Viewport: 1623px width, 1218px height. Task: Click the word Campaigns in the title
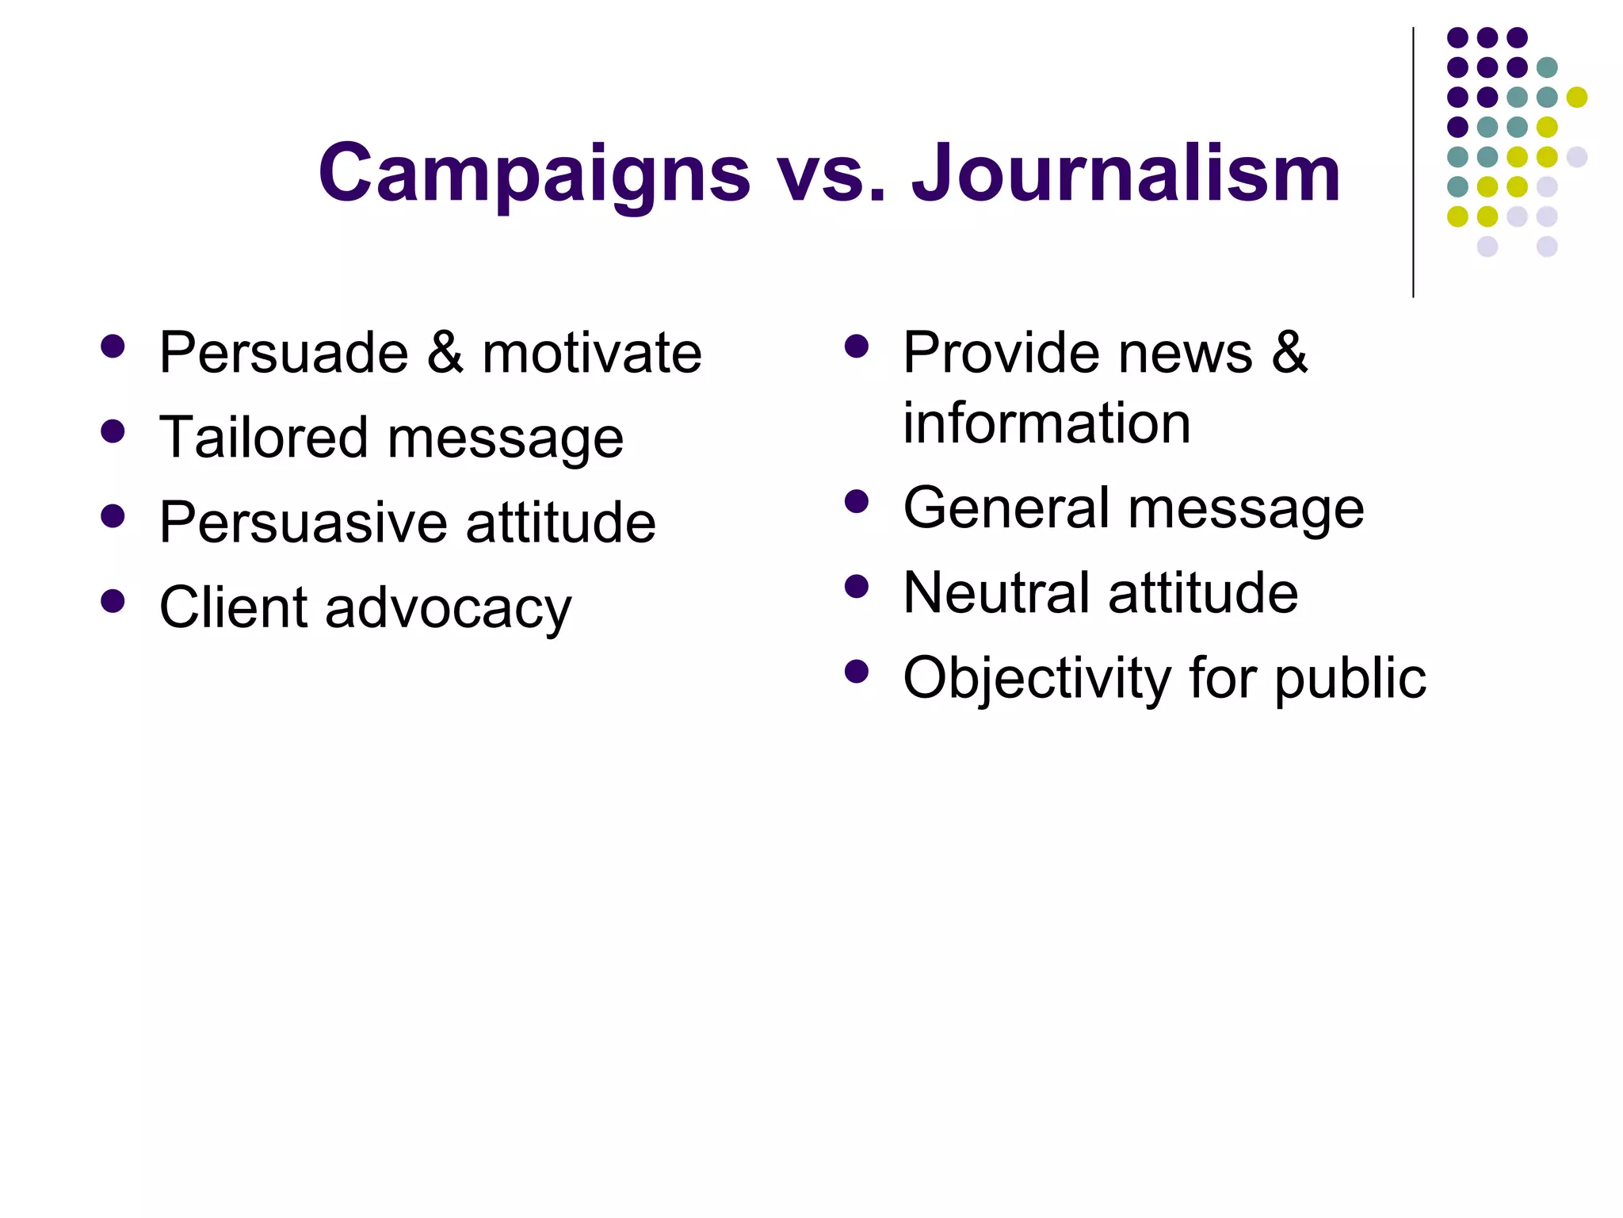point(534,174)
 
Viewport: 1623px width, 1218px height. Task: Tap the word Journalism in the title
point(1125,174)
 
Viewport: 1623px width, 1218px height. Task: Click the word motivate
point(591,353)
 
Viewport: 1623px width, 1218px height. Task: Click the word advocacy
point(448,609)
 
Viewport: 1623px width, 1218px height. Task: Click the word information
point(1047,423)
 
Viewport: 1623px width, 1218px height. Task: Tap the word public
point(1350,679)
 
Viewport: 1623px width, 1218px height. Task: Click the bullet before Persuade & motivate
point(113,347)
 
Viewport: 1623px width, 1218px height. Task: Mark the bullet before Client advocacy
point(113,601)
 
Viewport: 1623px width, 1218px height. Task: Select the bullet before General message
point(857,501)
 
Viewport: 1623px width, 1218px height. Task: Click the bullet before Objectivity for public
point(857,672)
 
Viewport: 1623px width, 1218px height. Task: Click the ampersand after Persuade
point(445,353)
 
